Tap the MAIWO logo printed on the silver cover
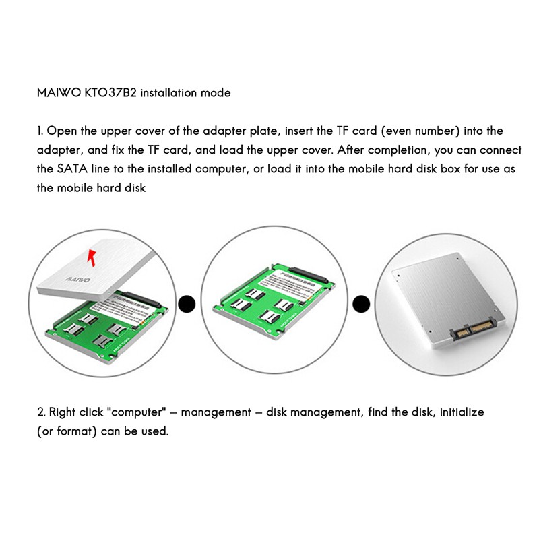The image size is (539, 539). click(x=73, y=277)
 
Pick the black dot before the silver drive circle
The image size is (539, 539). click(x=362, y=304)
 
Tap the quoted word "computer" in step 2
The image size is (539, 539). click(x=141, y=411)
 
